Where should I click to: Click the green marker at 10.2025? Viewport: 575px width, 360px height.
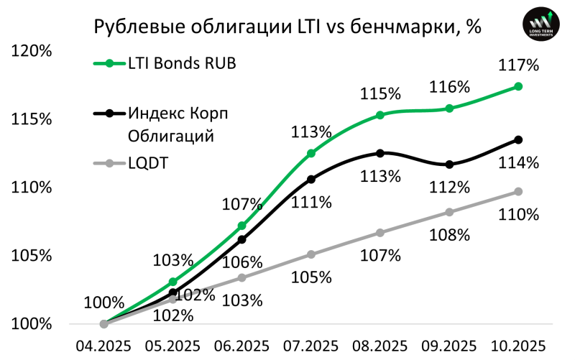[519, 86]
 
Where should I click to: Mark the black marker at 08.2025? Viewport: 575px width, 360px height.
[380, 153]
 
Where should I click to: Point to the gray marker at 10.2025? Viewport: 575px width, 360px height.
[519, 191]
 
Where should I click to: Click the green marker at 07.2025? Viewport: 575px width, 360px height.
[311, 153]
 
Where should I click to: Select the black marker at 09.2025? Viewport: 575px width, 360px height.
[449, 165]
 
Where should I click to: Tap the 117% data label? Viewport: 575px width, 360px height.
[519, 65]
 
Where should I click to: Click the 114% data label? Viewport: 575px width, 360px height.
[519, 163]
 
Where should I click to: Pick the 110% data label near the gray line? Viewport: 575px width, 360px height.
[519, 214]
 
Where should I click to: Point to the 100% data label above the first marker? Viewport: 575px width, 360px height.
[104, 303]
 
